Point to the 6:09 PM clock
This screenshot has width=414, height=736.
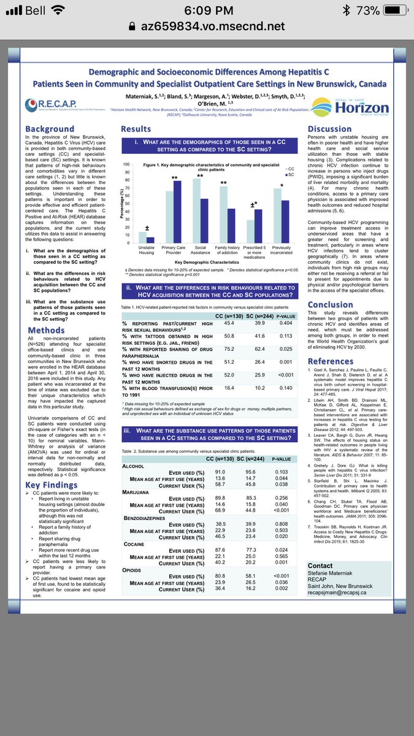point(207,10)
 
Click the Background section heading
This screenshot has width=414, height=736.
point(50,129)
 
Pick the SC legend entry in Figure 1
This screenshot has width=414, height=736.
point(287,175)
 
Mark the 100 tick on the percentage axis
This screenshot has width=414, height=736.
point(127,165)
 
